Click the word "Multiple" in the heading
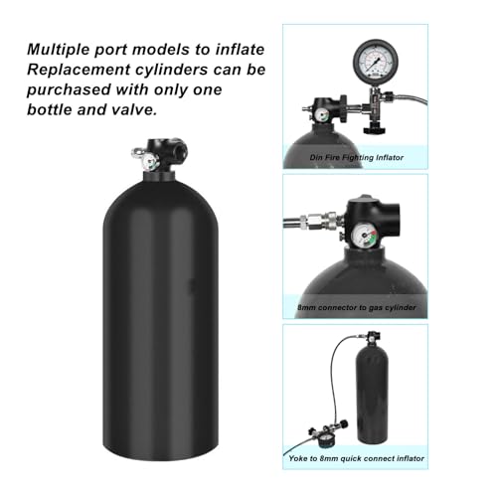pyautogui.click(x=59, y=50)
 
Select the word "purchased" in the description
pyautogui.click(x=69, y=90)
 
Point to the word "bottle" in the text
pyautogui.click(x=50, y=109)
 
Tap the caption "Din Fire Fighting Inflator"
pyautogui.click(x=357, y=157)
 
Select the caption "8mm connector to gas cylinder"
pyautogui.click(x=357, y=307)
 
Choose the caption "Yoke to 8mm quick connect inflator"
pyautogui.click(x=356, y=458)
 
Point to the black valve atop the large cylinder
pyautogui.click(x=162, y=155)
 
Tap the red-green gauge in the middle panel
pyautogui.click(x=364, y=237)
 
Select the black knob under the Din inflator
pyautogui.click(x=375, y=128)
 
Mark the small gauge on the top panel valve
pyautogui.click(x=322, y=115)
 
